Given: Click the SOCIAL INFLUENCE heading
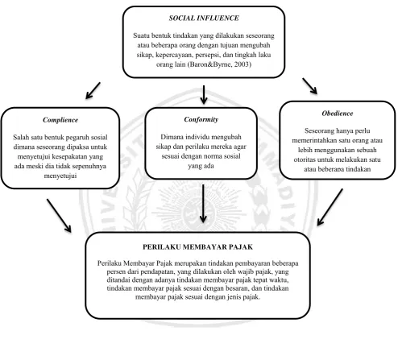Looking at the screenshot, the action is coord(204,18).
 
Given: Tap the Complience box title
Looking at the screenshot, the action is coord(60,120).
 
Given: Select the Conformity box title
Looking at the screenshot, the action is coord(201,119).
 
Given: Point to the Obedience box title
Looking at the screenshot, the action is coord(338,114).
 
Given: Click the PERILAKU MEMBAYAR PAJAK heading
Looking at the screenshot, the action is coord(197,247).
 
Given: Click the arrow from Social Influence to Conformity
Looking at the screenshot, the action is coord(204,95).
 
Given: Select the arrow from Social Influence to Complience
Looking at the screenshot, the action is coord(93,91).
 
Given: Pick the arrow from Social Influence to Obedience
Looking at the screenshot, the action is coord(310,86).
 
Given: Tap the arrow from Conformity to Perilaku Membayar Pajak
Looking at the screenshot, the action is coord(203,204).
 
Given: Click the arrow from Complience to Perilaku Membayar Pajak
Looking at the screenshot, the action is coord(59,216).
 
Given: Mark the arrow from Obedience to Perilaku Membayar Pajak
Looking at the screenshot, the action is coord(330,207).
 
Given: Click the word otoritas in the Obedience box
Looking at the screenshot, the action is coord(305,159).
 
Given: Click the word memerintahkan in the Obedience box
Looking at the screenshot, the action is coord(312,140).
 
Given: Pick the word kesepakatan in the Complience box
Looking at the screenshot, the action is coord(70,157).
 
